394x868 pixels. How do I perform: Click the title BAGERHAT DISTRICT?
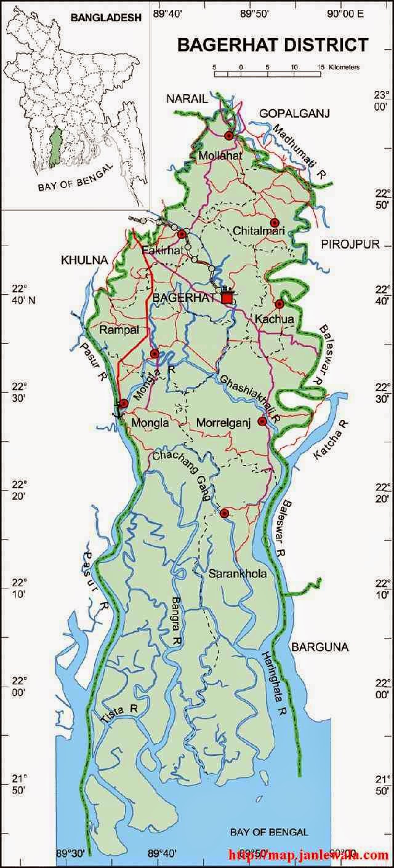click(x=273, y=44)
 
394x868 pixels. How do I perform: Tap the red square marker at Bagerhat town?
click(x=227, y=297)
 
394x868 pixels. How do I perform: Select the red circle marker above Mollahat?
click(x=229, y=135)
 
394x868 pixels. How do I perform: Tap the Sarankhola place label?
click(x=229, y=575)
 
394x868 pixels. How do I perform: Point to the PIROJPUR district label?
click(x=350, y=244)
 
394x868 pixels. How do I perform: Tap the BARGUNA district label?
click(x=320, y=647)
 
